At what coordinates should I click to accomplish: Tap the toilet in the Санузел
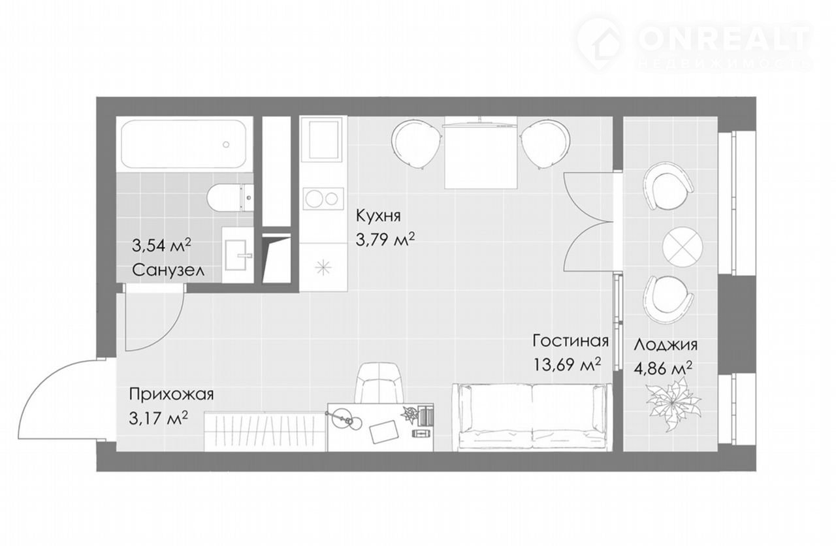point(229,198)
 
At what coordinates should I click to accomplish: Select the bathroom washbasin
point(238,255)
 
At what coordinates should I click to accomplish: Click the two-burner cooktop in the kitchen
point(323,198)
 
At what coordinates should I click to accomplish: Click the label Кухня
point(378,216)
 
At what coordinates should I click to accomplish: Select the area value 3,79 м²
point(385,239)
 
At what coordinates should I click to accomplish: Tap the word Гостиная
point(571,340)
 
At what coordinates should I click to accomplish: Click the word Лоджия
point(666,345)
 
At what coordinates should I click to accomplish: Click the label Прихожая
point(171,394)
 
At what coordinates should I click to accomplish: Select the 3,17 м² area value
point(158,418)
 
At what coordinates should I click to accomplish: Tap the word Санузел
point(168,270)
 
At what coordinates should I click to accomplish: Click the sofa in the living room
point(532,417)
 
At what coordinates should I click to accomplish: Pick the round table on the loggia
point(683,246)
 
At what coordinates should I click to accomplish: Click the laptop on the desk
point(383,431)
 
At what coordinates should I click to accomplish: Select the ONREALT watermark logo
point(694,44)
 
